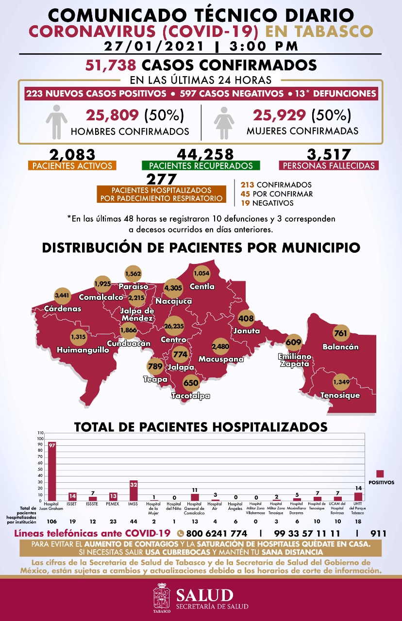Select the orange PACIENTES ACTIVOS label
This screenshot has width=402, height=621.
click(x=72, y=165)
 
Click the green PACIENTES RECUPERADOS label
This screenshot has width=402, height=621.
click(x=201, y=165)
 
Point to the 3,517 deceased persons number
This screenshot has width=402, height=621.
click(x=329, y=154)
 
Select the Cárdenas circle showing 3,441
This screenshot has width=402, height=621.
click(x=62, y=295)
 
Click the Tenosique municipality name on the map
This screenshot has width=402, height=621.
click(x=340, y=395)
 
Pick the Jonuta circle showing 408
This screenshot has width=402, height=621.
click(x=247, y=319)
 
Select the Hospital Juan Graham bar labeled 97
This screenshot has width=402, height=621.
click(x=52, y=471)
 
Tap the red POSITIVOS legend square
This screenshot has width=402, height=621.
click(x=380, y=474)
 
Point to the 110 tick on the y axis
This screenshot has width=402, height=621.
click(x=40, y=433)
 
